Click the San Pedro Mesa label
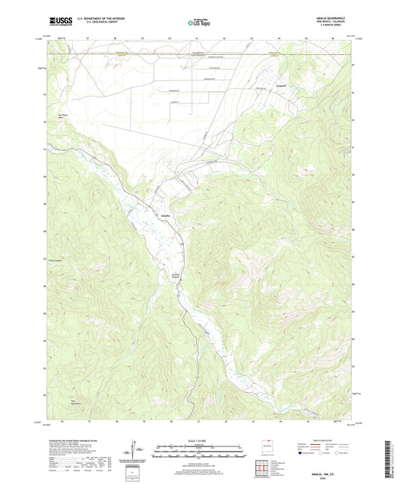[53, 117]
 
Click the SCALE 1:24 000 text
[200, 440]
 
